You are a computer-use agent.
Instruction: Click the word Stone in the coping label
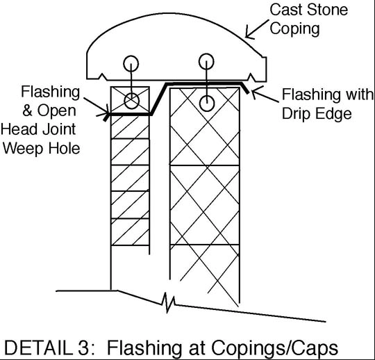point(327,10)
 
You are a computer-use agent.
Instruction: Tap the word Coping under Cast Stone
point(294,29)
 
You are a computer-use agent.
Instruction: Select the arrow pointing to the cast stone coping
point(257,29)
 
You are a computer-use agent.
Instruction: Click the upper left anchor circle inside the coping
point(131,64)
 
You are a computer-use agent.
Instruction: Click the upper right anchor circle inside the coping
point(206,61)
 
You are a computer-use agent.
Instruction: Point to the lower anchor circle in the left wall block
point(132,101)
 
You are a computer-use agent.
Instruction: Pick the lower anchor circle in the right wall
point(207,104)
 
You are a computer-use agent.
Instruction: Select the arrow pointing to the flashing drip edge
point(265,95)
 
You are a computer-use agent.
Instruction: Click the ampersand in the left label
point(28,111)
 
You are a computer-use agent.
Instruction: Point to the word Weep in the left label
point(24,149)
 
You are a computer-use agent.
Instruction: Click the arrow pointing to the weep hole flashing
point(97,106)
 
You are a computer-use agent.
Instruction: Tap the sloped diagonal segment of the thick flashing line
point(158,99)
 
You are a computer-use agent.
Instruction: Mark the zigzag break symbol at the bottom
point(168,303)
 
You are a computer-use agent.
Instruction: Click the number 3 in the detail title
point(83,348)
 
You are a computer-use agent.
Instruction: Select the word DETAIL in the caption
point(39,348)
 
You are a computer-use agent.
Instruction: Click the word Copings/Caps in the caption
point(275,348)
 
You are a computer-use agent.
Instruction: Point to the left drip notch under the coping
point(103,76)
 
